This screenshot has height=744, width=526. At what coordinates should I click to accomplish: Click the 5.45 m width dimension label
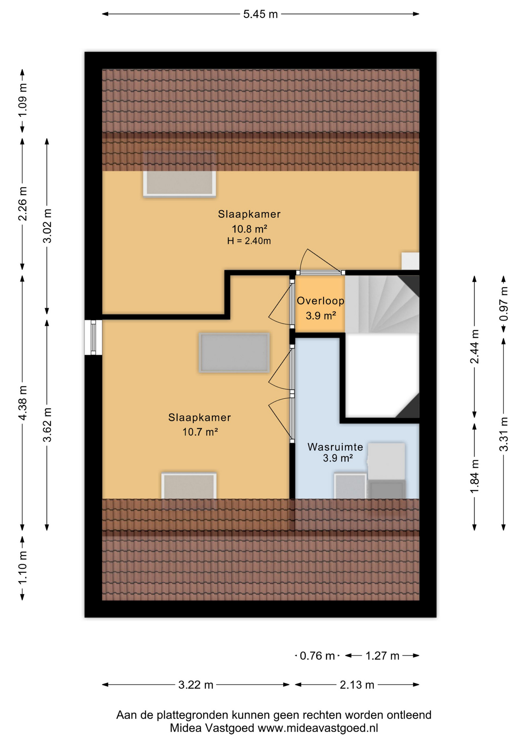click(260, 14)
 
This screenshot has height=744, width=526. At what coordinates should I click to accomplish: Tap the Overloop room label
click(320, 301)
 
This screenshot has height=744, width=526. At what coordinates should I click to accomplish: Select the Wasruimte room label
click(335, 447)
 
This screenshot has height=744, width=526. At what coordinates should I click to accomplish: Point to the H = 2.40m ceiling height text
click(249, 241)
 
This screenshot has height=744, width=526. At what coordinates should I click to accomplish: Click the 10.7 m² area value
click(200, 432)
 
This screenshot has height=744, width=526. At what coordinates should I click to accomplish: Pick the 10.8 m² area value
click(249, 229)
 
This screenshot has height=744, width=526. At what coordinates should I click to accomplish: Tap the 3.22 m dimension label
click(196, 685)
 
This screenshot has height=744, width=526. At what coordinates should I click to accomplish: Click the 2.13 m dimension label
click(357, 685)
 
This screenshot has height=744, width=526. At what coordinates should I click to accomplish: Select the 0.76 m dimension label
click(317, 656)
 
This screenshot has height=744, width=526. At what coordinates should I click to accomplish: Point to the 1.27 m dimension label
click(382, 656)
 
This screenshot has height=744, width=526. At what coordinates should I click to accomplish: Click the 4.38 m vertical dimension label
click(22, 403)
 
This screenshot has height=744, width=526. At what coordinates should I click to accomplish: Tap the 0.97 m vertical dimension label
click(504, 304)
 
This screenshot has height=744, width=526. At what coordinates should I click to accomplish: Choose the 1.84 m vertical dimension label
click(474, 476)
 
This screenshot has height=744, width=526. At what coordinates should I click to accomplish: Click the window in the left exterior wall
click(93, 337)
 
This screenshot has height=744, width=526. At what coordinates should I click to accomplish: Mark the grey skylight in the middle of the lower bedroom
click(234, 353)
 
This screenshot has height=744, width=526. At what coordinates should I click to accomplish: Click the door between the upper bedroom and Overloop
click(320, 272)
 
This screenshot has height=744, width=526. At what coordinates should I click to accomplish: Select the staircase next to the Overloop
click(382, 304)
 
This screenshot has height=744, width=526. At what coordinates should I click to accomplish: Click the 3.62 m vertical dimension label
click(47, 425)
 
